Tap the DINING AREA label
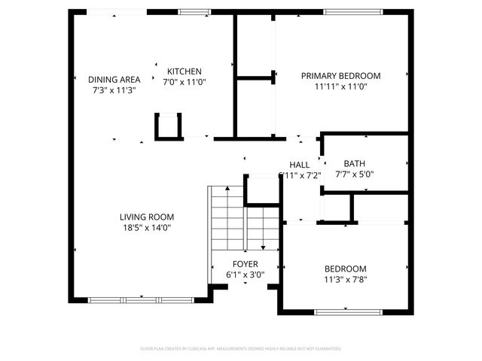(x=114, y=80)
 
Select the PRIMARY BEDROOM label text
(x=340, y=76)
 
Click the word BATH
(x=354, y=164)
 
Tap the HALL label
(x=300, y=165)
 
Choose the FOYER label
(x=245, y=264)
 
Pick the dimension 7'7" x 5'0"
(x=354, y=174)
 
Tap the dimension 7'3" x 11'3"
(x=114, y=89)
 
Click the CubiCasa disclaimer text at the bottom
(x=241, y=349)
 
